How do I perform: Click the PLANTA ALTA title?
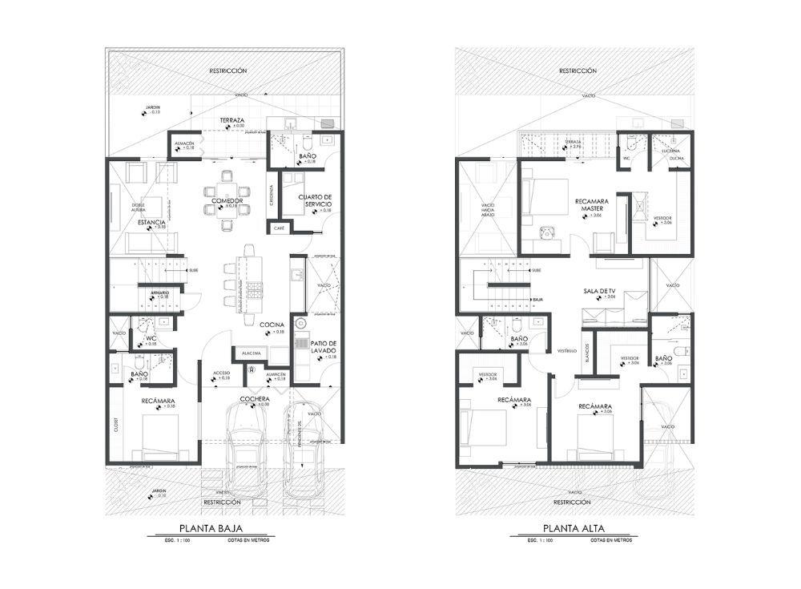coord(574,528)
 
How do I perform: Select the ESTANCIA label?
coord(151,222)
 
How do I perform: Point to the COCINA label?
coord(272,325)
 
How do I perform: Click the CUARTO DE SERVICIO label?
coord(314,200)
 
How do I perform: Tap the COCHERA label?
coord(253,398)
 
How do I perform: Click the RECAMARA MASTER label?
coord(594,205)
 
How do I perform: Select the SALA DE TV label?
coord(599,291)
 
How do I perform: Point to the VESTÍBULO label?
coord(568,350)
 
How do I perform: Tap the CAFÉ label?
coord(279,228)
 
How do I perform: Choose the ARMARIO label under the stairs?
coord(159,292)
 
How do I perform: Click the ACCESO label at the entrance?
coord(222,373)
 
